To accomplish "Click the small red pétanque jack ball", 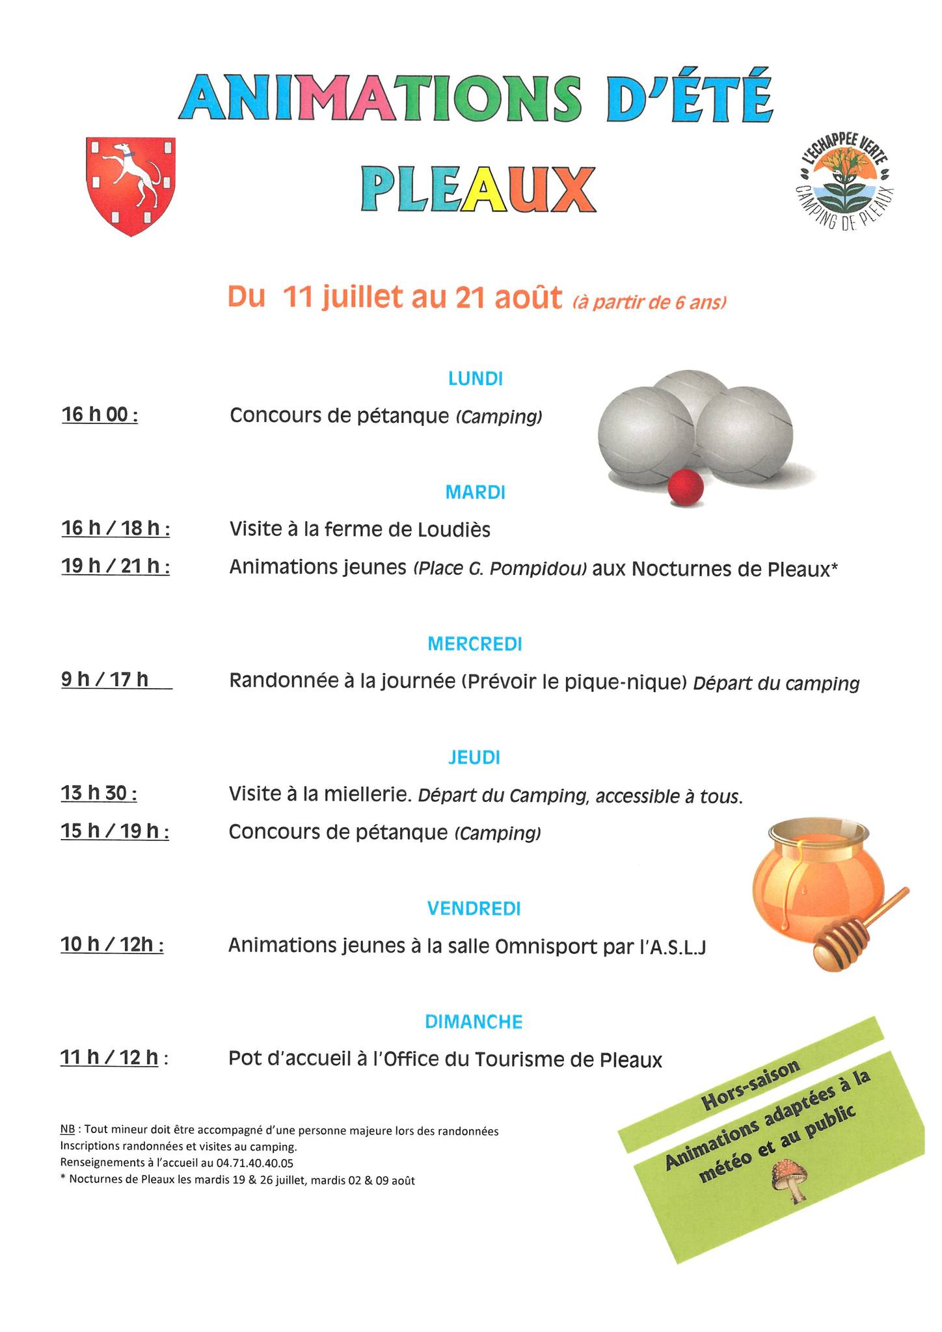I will tap(686, 488).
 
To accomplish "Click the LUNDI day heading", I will tap(476, 379).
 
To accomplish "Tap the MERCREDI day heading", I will tap(475, 644).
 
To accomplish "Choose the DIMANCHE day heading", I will tap(474, 1022).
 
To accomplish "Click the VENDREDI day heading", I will tap(474, 909).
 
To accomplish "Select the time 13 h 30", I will tap(99, 793).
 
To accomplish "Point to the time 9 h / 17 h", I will tap(105, 680).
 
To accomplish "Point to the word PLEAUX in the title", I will tap(478, 189).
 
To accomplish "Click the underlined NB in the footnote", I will tap(66, 1131).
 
